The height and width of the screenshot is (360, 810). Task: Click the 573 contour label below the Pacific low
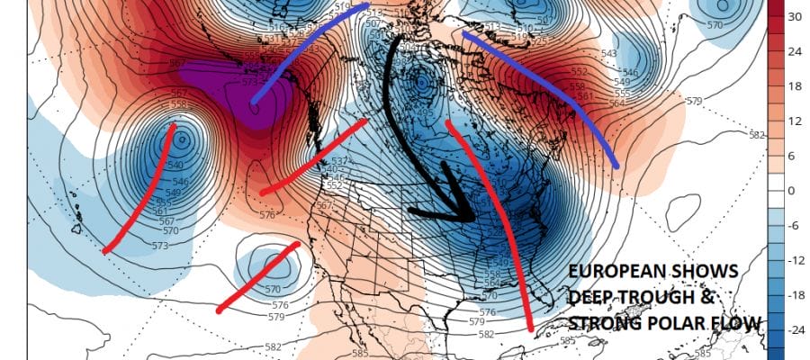pos(161,245)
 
